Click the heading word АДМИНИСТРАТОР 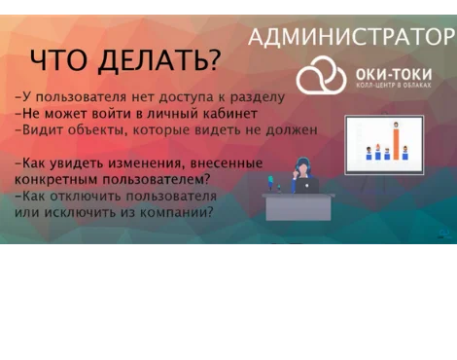[x=351, y=37]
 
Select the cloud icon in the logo [x=321, y=76]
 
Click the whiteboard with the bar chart [x=384, y=144]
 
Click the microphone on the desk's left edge [x=270, y=183]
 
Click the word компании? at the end [x=175, y=211]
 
